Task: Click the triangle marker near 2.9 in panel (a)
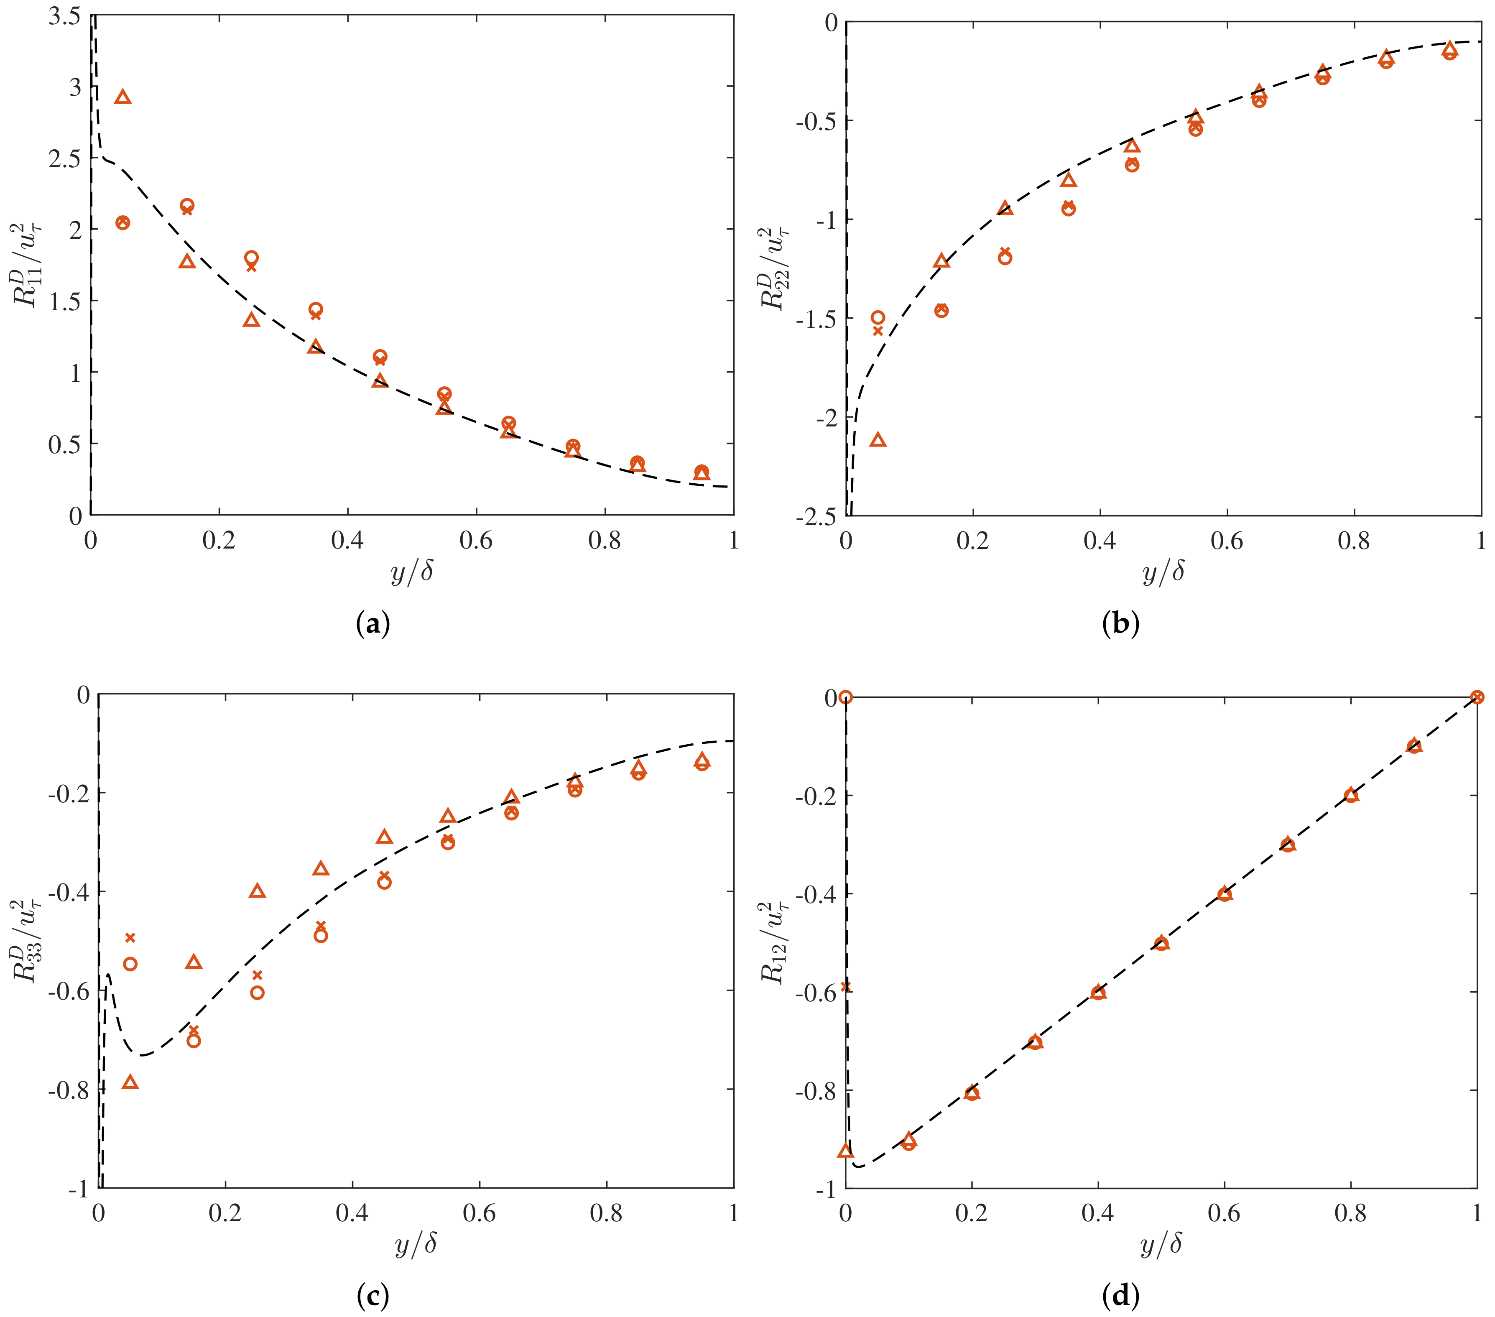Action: pos(123,97)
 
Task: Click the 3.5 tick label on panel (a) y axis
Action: pos(64,16)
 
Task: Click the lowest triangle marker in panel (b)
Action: pos(878,439)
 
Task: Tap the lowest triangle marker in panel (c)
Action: pos(130,1082)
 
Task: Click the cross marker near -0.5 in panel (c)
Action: pos(130,937)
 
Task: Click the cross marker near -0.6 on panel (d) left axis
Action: pos(845,986)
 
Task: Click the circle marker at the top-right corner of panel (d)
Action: pos(1477,697)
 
